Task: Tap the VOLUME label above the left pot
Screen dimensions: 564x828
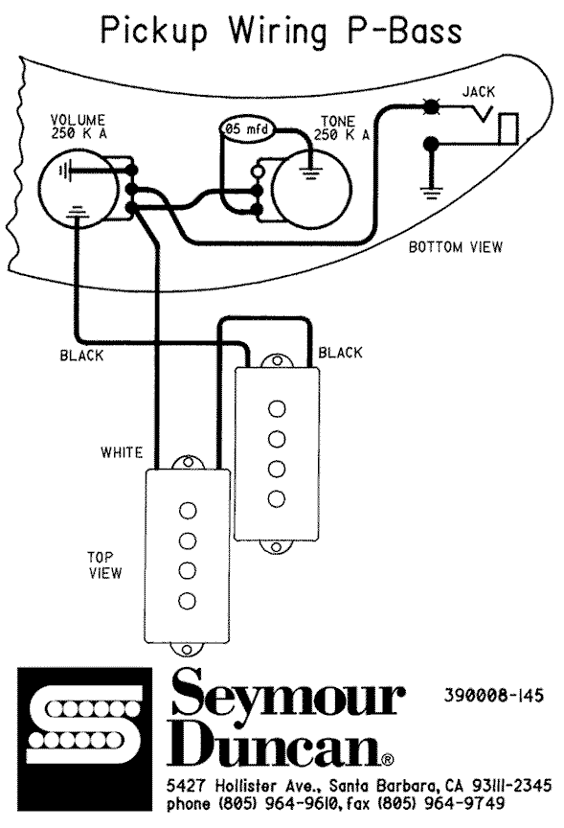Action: (x=78, y=120)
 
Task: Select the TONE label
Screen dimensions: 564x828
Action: (x=338, y=122)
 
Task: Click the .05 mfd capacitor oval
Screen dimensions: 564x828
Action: (x=247, y=128)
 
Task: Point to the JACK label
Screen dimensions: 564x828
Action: (x=479, y=92)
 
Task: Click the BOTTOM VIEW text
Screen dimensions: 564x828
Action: (x=456, y=247)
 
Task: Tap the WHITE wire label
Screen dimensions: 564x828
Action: (x=122, y=452)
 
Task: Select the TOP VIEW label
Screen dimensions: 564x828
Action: (x=104, y=565)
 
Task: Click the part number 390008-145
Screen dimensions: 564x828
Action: (x=493, y=696)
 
